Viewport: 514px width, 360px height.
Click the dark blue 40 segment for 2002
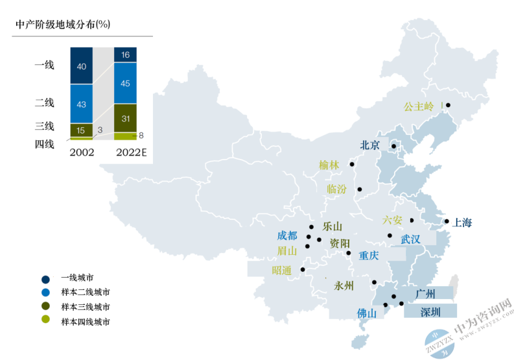[x=81, y=66]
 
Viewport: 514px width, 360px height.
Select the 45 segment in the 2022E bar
[x=125, y=83]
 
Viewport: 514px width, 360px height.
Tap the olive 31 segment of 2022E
[x=125, y=118]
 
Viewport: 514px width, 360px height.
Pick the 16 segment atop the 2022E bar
[x=125, y=54]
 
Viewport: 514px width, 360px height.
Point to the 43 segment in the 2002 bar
[x=81, y=104]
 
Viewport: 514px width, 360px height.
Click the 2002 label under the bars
[x=82, y=152]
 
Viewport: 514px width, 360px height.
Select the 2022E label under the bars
[x=132, y=152]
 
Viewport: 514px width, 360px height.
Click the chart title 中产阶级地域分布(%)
[x=63, y=24]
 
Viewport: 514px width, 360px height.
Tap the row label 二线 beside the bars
[x=45, y=102]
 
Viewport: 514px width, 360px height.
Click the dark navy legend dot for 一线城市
[x=45, y=280]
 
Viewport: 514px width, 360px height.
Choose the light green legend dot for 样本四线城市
[x=45, y=319]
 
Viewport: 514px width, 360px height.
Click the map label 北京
[x=369, y=145]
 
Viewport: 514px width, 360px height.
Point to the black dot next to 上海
[x=447, y=221]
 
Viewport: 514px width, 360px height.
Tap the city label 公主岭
[x=419, y=106]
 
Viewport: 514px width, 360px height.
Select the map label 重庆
[x=369, y=256]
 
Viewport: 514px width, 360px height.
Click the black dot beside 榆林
[x=352, y=164]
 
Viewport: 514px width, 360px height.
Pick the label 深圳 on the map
[x=430, y=312]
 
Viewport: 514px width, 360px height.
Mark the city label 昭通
[x=281, y=270]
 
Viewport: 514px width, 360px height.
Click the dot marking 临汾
[x=360, y=189]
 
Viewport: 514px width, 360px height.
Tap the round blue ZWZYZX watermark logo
[x=439, y=344]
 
